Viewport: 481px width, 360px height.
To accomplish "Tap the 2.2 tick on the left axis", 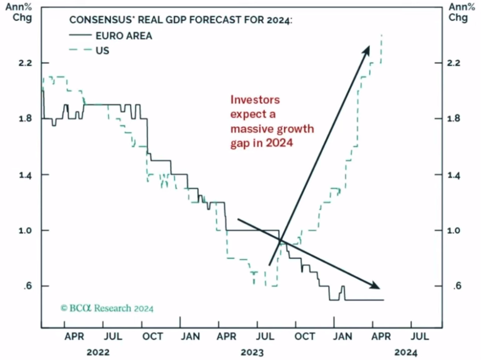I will tap(26, 63).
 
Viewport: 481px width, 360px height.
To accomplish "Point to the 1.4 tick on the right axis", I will tap(455, 175).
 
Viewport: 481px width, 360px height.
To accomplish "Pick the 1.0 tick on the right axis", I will tap(455, 230).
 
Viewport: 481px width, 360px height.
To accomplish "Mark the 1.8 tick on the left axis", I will tap(26, 119).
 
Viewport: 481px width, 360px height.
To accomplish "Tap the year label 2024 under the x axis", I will tap(406, 352).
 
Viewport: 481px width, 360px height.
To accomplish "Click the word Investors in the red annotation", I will tap(255, 100).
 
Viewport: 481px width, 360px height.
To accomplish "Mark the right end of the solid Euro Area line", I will tap(384, 300).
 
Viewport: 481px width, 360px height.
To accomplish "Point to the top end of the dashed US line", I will tap(382, 35).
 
